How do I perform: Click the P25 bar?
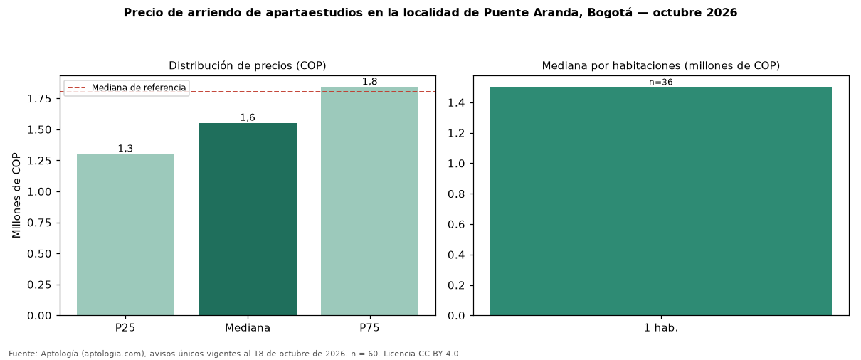(x=125, y=235)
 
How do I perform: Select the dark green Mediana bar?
(x=248, y=219)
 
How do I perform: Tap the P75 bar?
(x=369, y=201)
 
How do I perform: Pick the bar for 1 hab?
(x=661, y=201)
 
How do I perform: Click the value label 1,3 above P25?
(x=125, y=148)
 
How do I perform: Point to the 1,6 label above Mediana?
(x=248, y=117)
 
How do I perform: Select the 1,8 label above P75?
(x=369, y=81)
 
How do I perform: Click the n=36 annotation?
(x=661, y=82)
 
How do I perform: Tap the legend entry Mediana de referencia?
(x=138, y=88)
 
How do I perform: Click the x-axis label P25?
(x=125, y=328)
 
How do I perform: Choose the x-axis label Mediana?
(x=248, y=328)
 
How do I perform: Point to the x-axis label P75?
(x=369, y=328)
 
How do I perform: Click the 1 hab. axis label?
(x=661, y=328)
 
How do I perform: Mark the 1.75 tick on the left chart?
(x=39, y=99)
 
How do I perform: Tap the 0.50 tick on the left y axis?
(x=39, y=253)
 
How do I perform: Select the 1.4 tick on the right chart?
(x=456, y=103)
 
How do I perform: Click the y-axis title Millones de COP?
(x=16, y=195)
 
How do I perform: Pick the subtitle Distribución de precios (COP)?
(x=248, y=65)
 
